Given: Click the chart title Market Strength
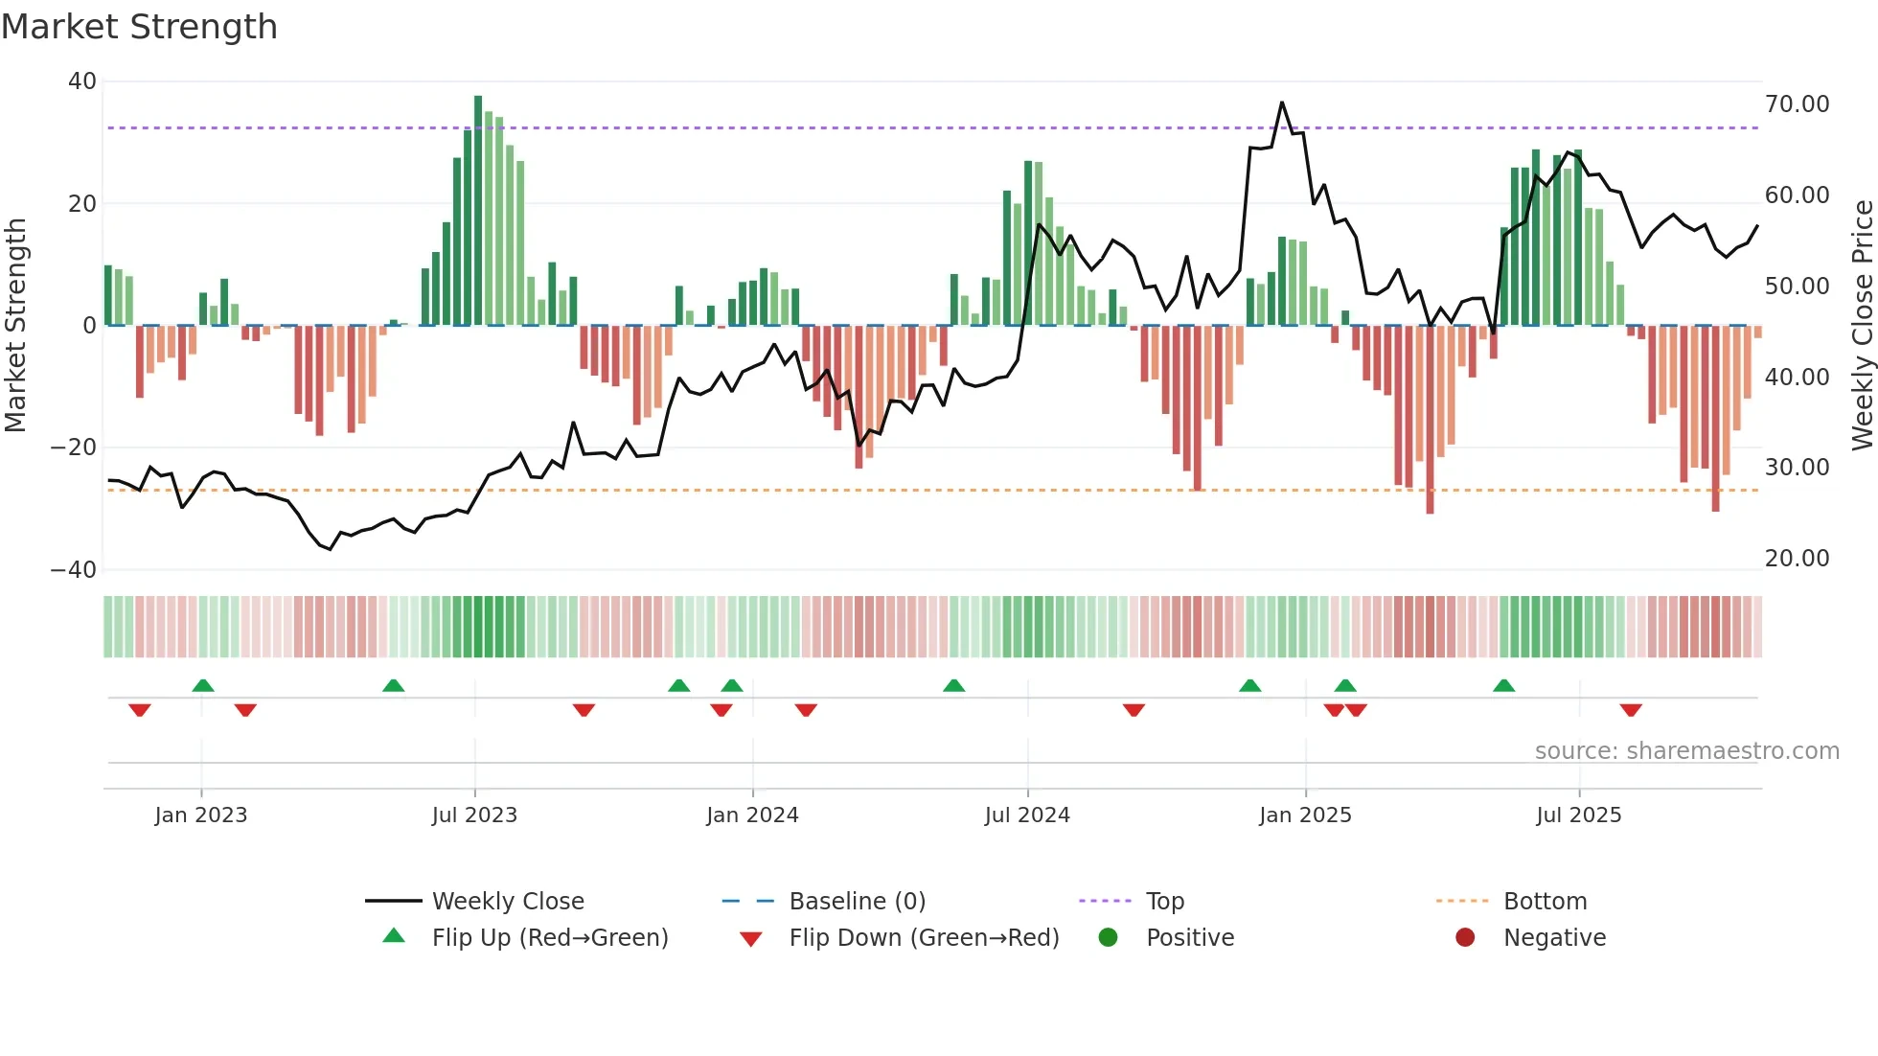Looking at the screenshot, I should [139, 27].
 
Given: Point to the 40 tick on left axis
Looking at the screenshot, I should [82, 81].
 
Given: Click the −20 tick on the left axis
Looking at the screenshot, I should [74, 448].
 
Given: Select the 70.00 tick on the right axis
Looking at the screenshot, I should [1797, 104].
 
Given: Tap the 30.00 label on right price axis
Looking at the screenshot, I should [1797, 468].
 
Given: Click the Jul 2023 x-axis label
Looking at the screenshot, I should [474, 815].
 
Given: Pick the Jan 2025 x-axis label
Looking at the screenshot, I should [1305, 815].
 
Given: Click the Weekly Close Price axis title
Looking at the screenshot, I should [1862, 326].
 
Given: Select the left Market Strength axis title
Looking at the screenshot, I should [15, 326].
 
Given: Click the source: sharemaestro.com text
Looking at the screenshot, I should [1686, 751].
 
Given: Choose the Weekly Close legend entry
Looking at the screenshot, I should [508, 902].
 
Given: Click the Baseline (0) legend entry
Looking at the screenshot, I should [857, 902].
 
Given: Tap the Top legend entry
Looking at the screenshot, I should [1165, 902].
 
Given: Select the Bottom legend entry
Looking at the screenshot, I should [1545, 902].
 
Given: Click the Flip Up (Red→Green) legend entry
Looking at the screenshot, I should [549, 938].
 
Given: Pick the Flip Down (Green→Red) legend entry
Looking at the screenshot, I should [924, 938].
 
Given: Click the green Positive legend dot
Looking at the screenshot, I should [1108, 938].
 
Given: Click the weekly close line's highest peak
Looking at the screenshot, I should [1282, 103].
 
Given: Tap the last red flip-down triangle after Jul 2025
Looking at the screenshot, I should [1631, 710].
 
